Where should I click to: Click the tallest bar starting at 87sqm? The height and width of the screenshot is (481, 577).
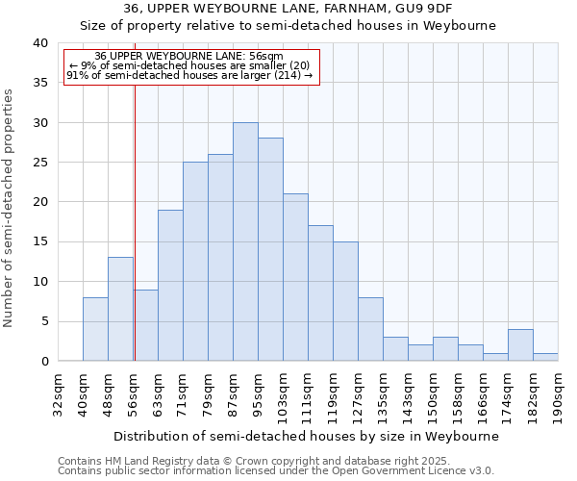tap(245, 241)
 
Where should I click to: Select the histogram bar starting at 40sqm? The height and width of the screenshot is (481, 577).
tap(95, 329)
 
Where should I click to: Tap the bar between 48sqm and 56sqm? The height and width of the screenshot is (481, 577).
tap(120, 309)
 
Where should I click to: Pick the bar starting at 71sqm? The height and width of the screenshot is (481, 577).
tap(195, 262)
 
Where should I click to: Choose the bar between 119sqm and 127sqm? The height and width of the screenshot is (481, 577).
tap(345, 301)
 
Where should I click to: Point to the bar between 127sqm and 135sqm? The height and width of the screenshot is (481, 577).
tap(370, 329)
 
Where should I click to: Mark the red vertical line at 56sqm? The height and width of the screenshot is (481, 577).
tap(135, 221)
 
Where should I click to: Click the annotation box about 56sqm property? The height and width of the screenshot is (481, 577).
tap(190, 65)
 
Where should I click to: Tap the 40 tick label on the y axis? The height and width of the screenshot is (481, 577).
tap(39, 43)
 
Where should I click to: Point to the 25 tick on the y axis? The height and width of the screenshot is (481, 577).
tap(39, 163)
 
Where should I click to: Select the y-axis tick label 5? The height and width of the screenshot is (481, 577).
tap(44, 321)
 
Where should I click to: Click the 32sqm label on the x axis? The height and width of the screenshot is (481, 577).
tap(58, 392)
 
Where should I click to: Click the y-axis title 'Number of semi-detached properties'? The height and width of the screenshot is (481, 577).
tap(9, 208)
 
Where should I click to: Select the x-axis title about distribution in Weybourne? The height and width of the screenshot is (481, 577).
tap(307, 436)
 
